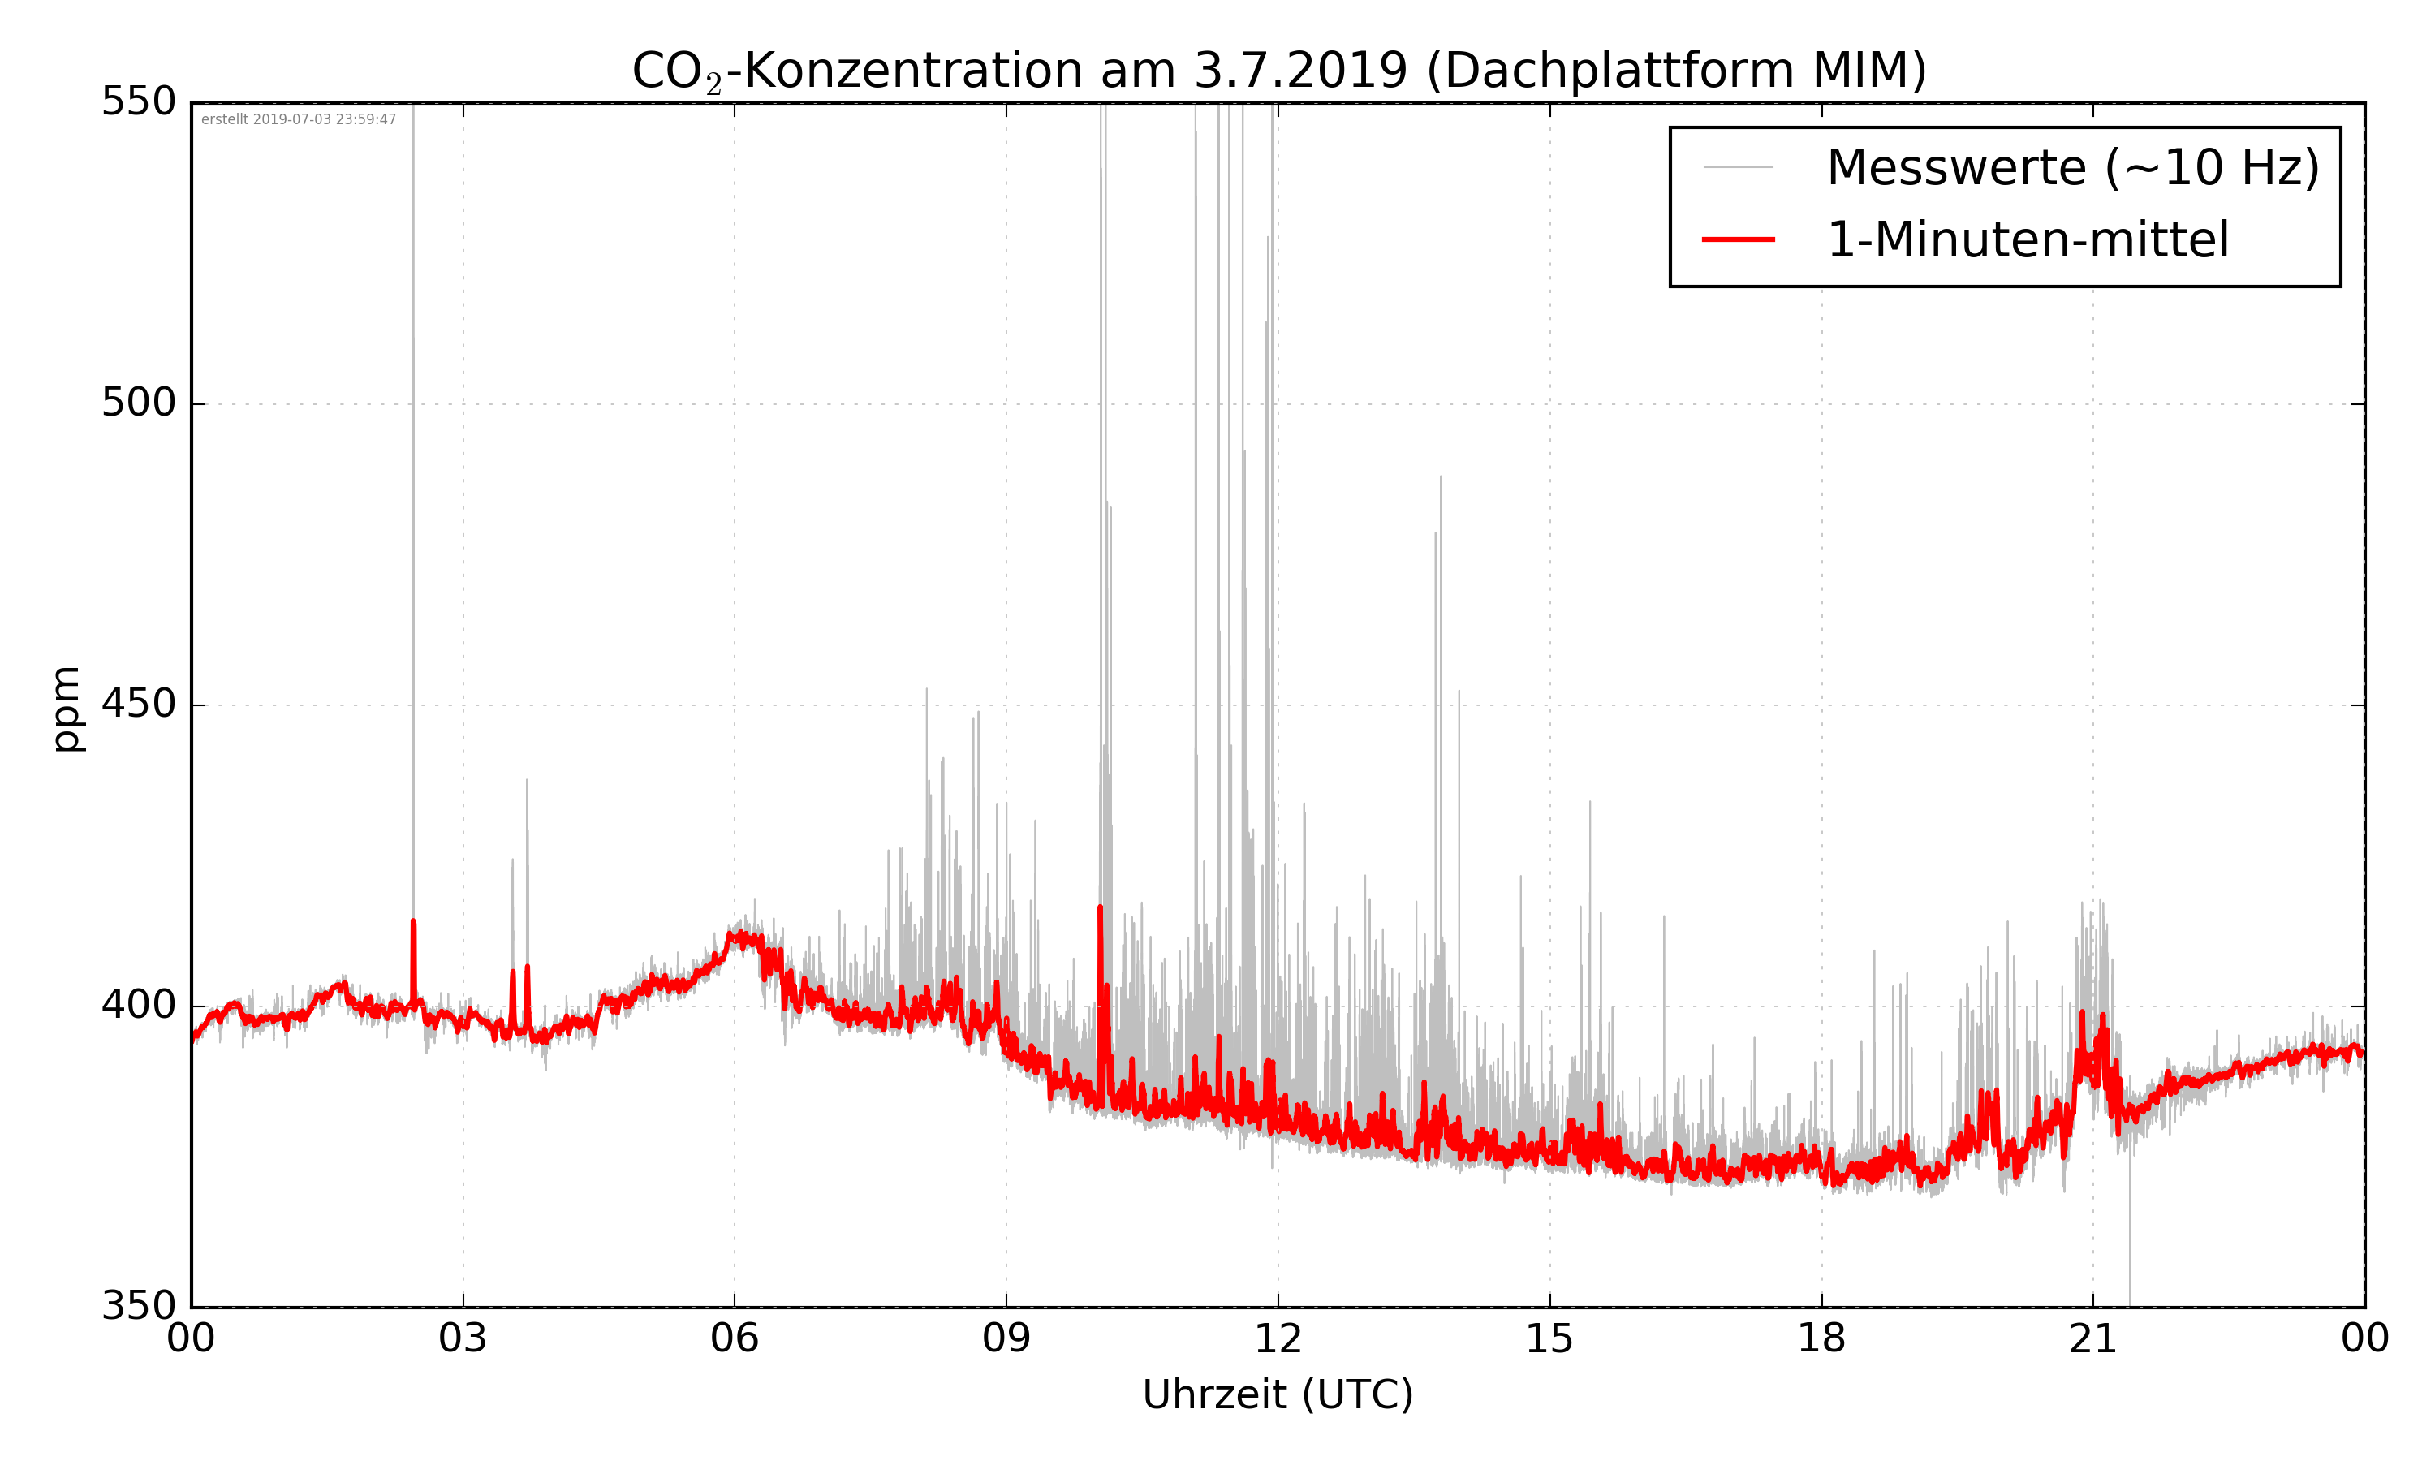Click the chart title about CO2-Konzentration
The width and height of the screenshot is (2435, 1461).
1278,71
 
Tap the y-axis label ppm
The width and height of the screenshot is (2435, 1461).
66,709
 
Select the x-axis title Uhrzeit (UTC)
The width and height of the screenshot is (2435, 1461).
1278,1394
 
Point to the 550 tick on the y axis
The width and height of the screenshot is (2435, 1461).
139,101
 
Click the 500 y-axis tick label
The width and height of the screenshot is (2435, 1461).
139,403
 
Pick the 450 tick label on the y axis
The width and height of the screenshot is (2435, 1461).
139,704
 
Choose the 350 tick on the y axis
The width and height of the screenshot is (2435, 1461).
139,1307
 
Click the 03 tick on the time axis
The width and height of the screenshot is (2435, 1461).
463,1339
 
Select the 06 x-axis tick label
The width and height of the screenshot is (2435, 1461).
735,1339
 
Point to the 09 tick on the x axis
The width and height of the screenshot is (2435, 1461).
1006,1339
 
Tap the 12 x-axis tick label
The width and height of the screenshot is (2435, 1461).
1278,1339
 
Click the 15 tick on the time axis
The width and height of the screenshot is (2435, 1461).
1549,1339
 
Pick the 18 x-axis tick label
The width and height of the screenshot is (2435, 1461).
1821,1339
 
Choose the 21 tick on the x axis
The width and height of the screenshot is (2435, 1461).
2092,1339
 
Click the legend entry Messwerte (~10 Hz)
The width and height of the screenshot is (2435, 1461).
2073,167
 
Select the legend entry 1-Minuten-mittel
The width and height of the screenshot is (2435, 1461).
2028,240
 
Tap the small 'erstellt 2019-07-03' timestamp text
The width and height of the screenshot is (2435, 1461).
298,119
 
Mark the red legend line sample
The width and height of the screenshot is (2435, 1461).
1738,240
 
